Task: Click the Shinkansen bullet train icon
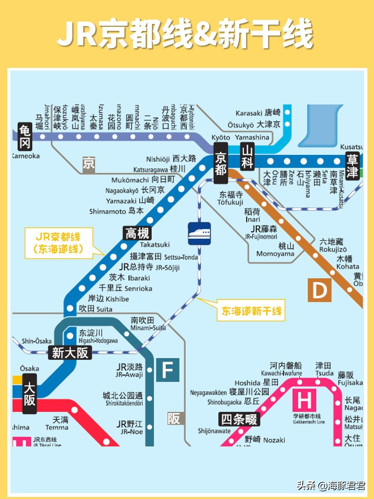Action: coord(199,233)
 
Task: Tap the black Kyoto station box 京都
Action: coord(221,164)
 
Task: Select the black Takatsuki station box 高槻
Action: coord(137,233)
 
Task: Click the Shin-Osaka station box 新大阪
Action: coord(70,353)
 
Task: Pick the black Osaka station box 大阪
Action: coord(30,394)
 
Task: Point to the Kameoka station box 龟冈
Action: coord(25,137)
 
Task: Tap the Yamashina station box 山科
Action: coord(247,157)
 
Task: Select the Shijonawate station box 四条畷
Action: coord(239,419)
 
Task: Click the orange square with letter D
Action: coord(319,290)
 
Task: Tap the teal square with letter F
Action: coord(167,370)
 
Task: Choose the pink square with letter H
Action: coord(304,400)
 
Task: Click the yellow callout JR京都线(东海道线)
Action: coord(59,243)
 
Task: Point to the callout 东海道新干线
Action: coord(251,311)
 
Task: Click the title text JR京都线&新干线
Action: coord(185,34)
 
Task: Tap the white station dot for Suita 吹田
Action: coord(70,308)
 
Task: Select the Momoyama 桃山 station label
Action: coord(275,250)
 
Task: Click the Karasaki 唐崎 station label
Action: coord(258,113)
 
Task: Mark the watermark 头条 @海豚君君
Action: coord(331,485)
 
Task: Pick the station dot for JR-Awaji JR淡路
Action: coord(150,370)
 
